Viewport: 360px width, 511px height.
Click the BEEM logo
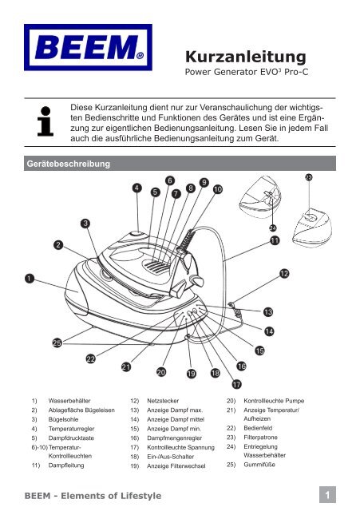(x=88, y=47)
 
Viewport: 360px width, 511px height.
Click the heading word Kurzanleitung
(x=246, y=57)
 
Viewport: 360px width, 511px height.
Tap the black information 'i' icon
(x=45, y=121)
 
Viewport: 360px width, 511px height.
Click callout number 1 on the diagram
(x=30, y=279)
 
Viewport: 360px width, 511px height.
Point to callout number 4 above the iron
(x=136, y=188)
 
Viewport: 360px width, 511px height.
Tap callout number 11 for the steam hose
(x=275, y=241)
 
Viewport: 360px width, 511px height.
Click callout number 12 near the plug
(x=284, y=273)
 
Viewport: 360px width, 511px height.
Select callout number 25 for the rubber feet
(x=57, y=343)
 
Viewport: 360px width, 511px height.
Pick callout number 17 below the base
(x=237, y=384)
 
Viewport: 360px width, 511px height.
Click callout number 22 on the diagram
(x=90, y=358)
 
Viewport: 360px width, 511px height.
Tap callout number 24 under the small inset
(x=273, y=228)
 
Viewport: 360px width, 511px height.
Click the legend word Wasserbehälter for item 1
(x=69, y=401)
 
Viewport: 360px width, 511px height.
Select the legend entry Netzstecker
(x=163, y=401)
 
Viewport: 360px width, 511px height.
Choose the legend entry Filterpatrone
(x=261, y=438)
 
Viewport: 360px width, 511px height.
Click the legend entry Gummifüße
(x=259, y=465)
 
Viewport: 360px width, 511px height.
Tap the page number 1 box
(x=327, y=495)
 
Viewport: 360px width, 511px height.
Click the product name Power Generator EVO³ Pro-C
(x=247, y=72)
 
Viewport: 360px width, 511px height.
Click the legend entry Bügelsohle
(x=64, y=420)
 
